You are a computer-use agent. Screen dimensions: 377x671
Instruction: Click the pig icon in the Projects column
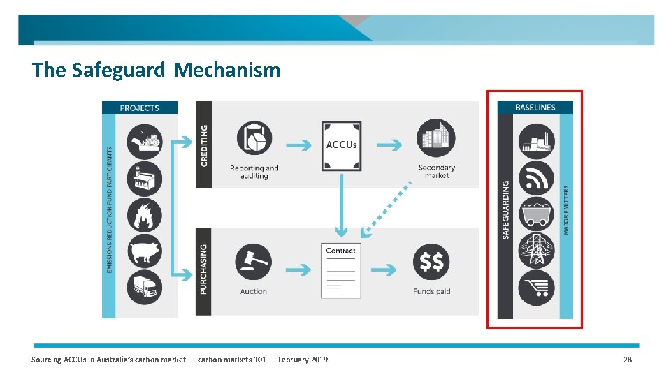145,251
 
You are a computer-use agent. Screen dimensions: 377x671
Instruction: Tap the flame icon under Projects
145,215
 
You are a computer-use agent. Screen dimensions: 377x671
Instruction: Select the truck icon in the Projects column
145,287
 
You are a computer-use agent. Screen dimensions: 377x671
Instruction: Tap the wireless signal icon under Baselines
536,177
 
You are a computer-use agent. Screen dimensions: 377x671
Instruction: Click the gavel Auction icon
254,261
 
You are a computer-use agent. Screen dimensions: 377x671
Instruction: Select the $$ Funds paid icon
432,262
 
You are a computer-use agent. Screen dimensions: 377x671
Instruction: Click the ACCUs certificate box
341,146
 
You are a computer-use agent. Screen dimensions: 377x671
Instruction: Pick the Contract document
341,271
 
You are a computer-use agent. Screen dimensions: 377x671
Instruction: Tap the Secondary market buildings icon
436,138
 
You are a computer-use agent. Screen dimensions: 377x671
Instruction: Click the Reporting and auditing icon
254,138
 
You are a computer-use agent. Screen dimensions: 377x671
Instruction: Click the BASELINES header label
535,108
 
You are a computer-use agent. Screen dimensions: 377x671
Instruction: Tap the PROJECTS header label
140,108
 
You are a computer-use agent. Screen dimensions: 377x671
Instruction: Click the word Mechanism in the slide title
227,71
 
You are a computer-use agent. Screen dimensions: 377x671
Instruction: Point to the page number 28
627,360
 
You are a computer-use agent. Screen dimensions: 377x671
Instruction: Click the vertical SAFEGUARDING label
506,210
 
